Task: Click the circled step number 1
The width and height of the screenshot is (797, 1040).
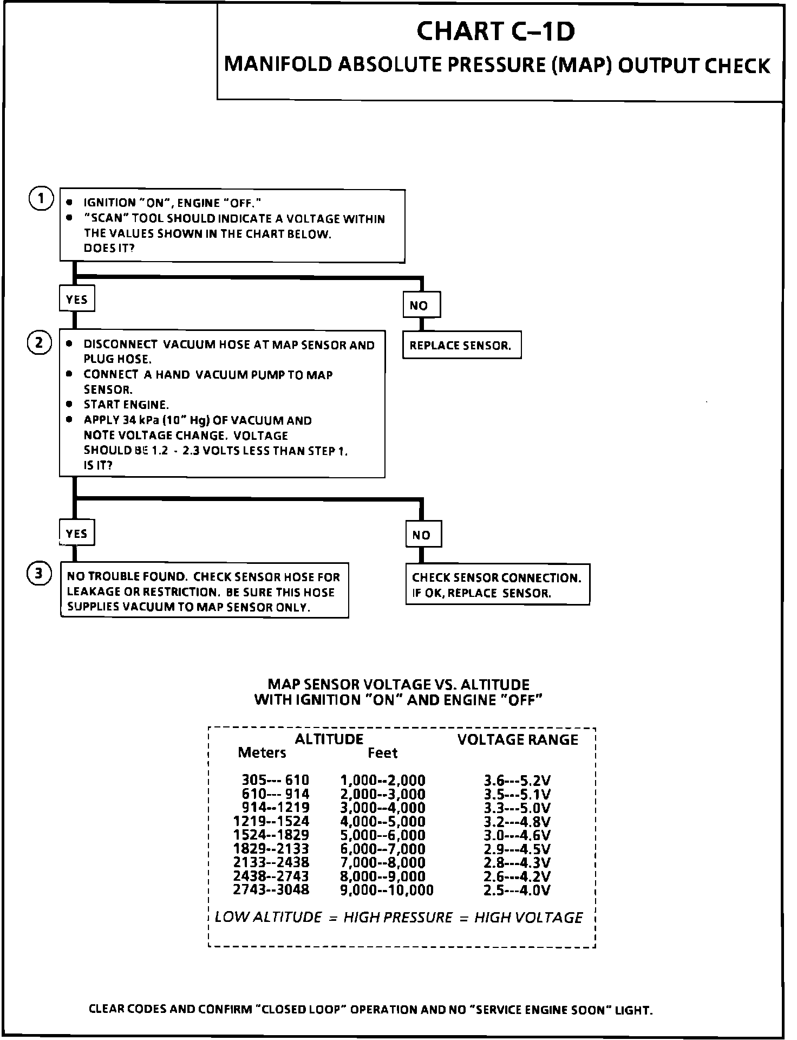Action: pyautogui.click(x=41, y=199)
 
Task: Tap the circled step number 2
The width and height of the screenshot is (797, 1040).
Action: pyautogui.click(x=39, y=343)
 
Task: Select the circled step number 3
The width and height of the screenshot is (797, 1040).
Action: pyautogui.click(x=39, y=574)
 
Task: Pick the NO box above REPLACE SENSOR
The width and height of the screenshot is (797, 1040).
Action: pyautogui.click(x=421, y=305)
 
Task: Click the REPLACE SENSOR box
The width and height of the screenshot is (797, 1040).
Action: pyautogui.click(x=461, y=346)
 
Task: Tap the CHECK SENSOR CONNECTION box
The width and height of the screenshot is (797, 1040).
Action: pyautogui.click(x=497, y=585)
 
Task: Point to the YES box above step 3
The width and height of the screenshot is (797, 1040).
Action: pyautogui.click(x=76, y=534)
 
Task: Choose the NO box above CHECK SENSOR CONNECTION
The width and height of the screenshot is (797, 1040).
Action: pyautogui.click(x=423, y=535)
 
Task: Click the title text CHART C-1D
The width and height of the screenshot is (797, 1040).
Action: pyautogui.click(x=495, y=31)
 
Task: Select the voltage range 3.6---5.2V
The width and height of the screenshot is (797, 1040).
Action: pyautogui.click(x=517, y=781)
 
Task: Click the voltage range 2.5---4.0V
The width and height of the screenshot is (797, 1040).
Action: pyautogui.click(x=517, y=890)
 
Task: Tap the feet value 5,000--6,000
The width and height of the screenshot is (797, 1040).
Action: pyautogui.click(x=382, y=835)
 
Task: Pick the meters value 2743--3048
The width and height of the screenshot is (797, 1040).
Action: pyautogui.click(x=271, y=890)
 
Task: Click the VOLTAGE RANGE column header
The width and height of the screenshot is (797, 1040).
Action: pyautogui.click(x=518, y=740)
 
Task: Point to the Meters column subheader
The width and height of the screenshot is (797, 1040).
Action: pyautogui.click(x=262, y=753)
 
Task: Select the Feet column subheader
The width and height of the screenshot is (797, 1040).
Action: pyautogui.click(x=382, y=753)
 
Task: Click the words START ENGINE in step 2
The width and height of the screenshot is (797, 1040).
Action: pyautogui.click(x=126, y=405)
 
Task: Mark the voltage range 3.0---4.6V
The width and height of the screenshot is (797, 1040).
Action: pyautogui.click(x=517, y=835)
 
